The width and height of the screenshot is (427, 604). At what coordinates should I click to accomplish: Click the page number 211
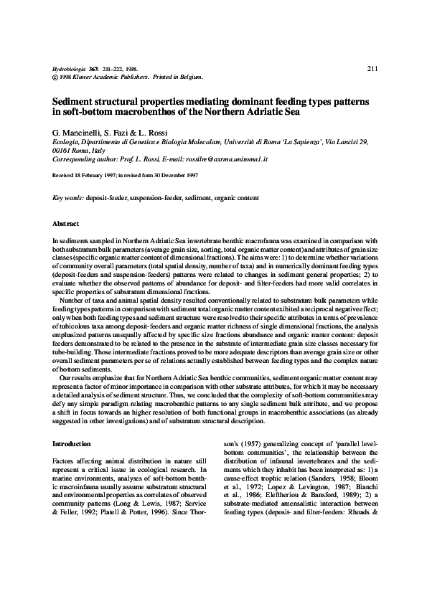372,69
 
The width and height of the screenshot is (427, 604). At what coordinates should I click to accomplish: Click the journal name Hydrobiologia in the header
70,69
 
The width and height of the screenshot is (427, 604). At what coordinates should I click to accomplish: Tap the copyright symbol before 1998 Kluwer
57,76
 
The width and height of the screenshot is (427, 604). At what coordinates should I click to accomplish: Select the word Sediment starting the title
76,103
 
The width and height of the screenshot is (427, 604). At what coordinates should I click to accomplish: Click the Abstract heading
66,225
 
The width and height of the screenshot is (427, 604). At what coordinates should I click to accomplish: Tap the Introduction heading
72,445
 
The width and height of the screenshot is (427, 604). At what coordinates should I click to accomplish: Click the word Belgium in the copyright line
189,76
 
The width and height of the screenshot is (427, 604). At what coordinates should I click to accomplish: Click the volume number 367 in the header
93,69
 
